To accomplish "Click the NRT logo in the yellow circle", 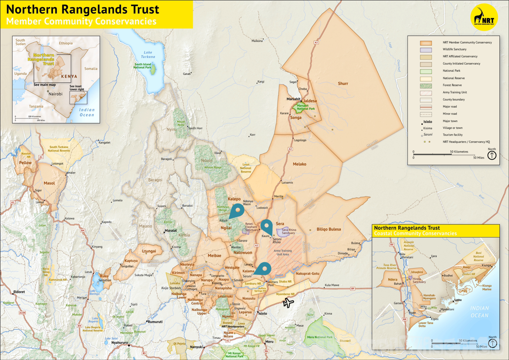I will tap(484, 17).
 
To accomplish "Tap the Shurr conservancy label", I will tap(343, 83).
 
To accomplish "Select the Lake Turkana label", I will tap(148, 54).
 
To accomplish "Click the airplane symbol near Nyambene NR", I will tap(288, 303).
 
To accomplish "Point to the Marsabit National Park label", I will tap(306, 107).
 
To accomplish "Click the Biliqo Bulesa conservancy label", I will tap(328, 229).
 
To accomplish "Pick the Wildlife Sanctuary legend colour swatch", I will tap(426, 50).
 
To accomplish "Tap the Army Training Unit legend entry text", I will tap(455, 92).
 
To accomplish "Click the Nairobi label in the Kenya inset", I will tap(55, 94).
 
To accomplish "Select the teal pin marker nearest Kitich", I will tap(237, 211).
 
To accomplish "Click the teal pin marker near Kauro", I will tap(267, 227).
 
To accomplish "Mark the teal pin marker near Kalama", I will tap(263, 269).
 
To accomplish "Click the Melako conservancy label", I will tap(299, 164).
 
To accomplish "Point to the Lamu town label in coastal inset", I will tap(458, 300).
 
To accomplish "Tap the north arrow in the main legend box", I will tap(492, 155).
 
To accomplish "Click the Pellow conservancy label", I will tap(25, 163).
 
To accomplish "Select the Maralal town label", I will tap(171, 230).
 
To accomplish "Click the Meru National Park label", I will tap(320, 337).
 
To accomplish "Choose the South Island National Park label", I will tap(143, 66).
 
